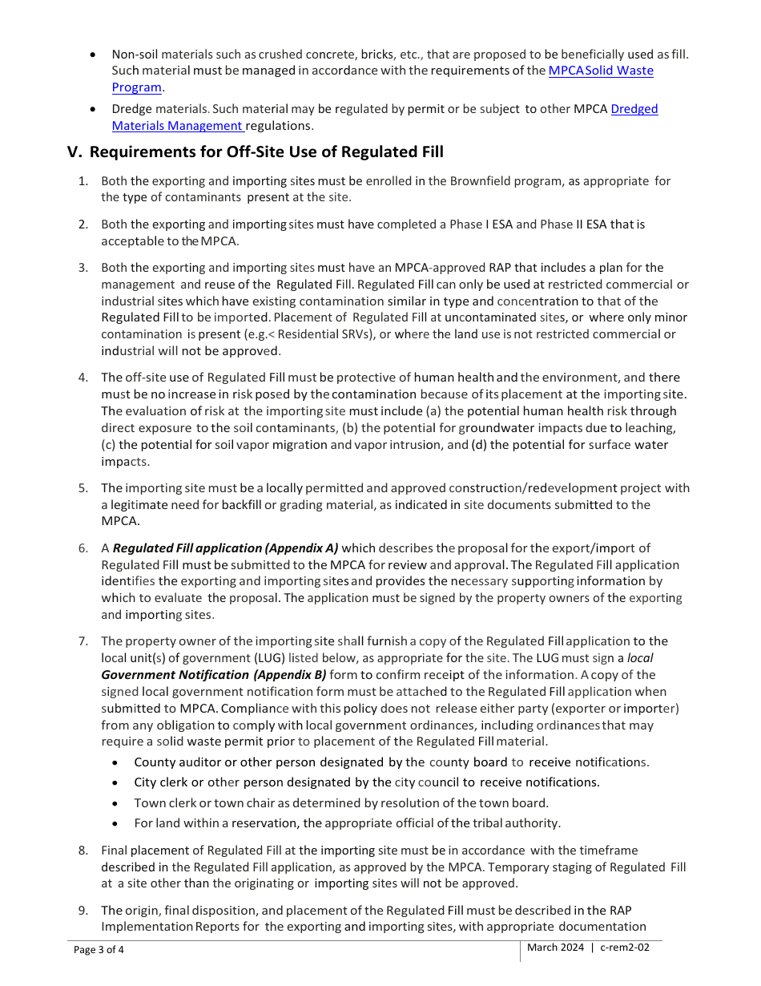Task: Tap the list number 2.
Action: point(83,224)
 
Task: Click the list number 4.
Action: point(83,378)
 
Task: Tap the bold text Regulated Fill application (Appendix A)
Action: point(225,548)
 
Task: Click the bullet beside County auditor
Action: point(117,762)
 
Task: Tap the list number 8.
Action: point(83,851)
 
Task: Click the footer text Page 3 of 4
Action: point(99,951)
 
